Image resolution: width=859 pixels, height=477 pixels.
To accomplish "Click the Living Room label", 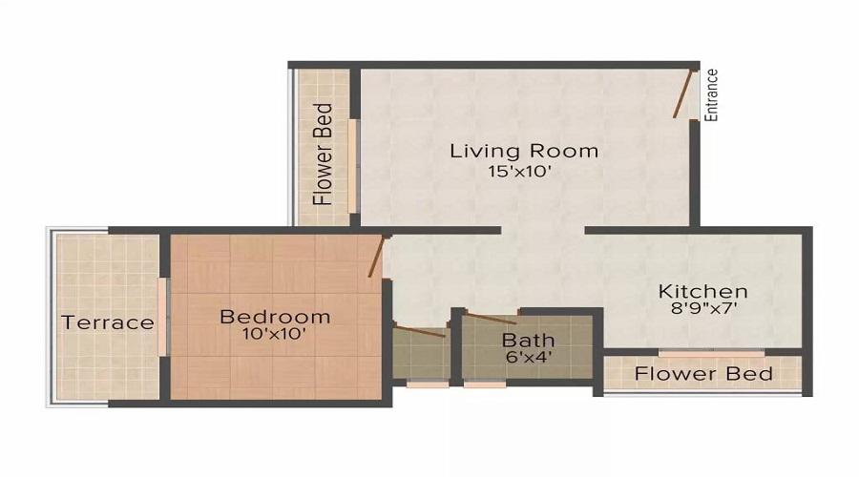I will (524, 151).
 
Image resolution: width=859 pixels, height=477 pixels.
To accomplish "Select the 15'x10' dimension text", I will (520, 173).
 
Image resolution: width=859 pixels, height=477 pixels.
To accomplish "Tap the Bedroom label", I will (275, 317).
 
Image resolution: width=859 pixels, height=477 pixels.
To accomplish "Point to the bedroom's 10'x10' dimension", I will (275, 335).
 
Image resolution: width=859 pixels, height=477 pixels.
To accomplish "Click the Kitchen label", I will (703, 291).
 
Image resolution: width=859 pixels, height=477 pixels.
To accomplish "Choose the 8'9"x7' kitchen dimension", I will (703, 309).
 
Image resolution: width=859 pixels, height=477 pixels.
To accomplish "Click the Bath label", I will (528, 341).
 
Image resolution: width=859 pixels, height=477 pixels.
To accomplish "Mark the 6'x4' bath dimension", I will (528, 359).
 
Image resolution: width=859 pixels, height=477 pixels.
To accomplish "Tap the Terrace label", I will (108, 322).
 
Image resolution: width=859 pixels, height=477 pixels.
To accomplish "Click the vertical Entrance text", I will (711, 95).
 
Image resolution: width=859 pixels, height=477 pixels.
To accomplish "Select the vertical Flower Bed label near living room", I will (324, 155).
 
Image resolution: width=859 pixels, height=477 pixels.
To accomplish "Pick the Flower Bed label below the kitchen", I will (703, 373).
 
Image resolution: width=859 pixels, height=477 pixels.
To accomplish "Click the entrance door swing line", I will (682, 95).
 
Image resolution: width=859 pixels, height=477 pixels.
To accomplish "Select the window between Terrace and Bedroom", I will (164, 316).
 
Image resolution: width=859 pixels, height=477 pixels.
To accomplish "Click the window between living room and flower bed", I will (352, 166).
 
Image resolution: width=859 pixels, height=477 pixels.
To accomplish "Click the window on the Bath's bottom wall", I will (485, 384).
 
